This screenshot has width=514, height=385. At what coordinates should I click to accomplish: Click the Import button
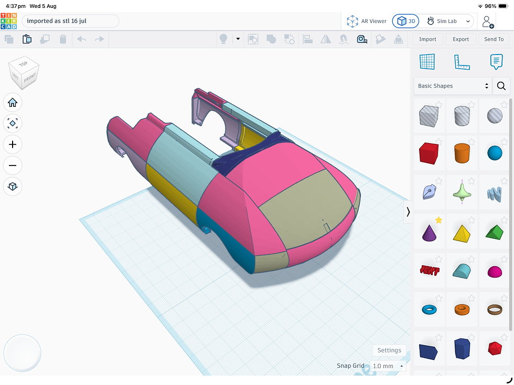(427, 39)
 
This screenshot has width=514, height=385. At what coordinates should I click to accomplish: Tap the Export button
(461, 39)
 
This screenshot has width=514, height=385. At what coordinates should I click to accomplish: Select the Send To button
(494, 39)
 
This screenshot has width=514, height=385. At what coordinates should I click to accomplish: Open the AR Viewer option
(367, 21)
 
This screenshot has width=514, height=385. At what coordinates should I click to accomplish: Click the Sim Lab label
(446, 21)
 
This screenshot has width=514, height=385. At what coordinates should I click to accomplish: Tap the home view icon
(13, 103)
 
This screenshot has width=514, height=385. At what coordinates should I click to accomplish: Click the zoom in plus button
(13, 145)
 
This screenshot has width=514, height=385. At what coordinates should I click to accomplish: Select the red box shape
(429, 153)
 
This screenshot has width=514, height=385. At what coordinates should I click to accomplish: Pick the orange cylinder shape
(462, 153)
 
